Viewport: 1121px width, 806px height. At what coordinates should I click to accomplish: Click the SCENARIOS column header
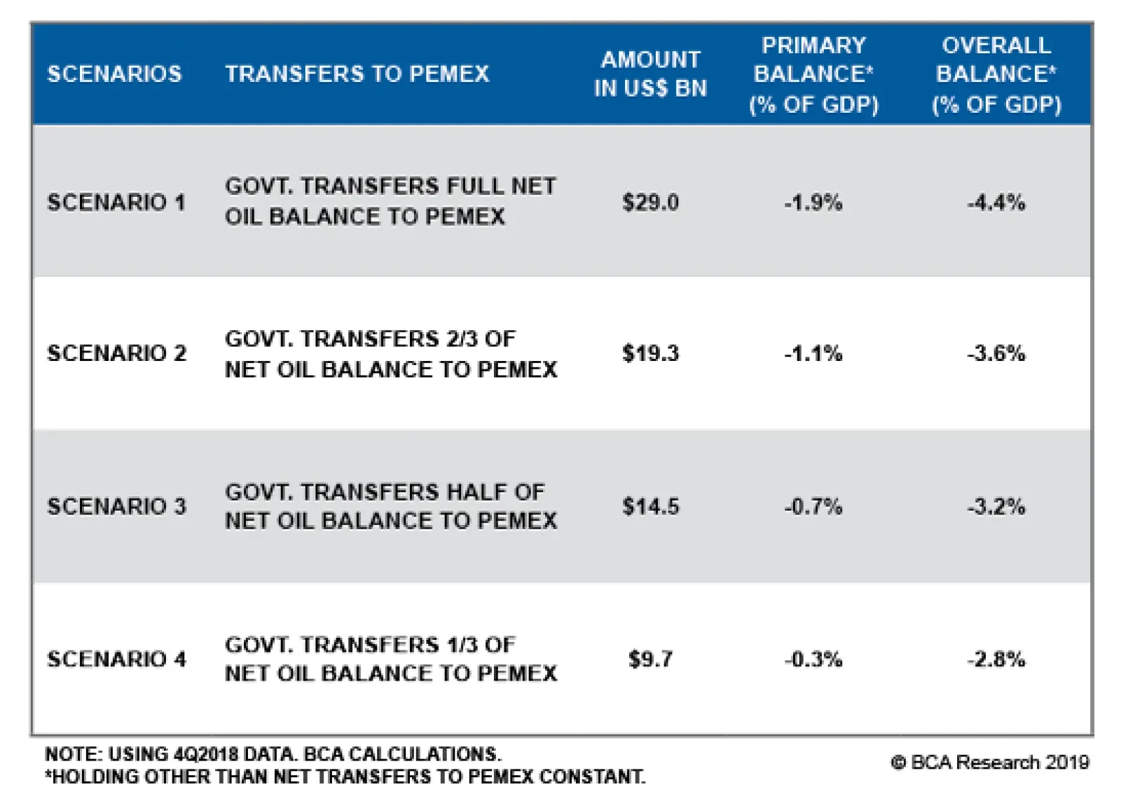coord(114,74)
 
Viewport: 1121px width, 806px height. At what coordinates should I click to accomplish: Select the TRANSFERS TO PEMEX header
coord(357,74)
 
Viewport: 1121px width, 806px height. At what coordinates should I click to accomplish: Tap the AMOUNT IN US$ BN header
coord(650,74)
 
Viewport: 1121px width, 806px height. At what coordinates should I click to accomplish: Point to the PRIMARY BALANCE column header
coord(813,74)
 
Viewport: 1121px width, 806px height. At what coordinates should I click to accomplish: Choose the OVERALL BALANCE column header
coord(996,74)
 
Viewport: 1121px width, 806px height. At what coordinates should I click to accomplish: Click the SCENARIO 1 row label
coord(116,203)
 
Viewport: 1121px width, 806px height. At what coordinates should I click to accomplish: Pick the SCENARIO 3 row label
coord(116,506)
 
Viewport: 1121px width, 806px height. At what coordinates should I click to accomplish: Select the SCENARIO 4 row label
coord(116,659)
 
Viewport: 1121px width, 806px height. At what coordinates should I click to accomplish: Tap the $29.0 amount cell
coord(650,203)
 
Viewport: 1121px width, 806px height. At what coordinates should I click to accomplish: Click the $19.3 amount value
coord(650,353)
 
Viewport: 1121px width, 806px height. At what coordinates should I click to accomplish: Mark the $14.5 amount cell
coord(650,506)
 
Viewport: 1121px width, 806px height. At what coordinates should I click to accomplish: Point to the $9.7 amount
coord(650,659)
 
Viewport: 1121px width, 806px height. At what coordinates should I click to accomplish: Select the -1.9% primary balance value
coord(813,203)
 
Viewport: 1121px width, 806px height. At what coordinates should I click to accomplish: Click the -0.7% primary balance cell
coord(813,506)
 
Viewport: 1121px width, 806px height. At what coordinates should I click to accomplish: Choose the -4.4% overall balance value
coord(996,203)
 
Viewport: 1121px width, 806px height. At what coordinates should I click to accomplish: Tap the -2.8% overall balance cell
coord(996,659)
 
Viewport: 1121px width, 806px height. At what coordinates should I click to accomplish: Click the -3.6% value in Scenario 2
coord(996,353)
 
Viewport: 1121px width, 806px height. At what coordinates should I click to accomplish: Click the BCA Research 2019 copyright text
coord(991,763)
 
